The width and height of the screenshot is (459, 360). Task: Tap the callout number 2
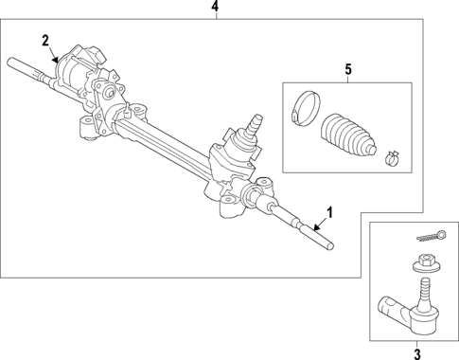point(44,40)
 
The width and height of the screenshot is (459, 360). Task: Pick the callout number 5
point(347,69)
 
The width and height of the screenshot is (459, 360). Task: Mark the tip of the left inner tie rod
point(12,64)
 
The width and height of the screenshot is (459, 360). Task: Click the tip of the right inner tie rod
point(332,248)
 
